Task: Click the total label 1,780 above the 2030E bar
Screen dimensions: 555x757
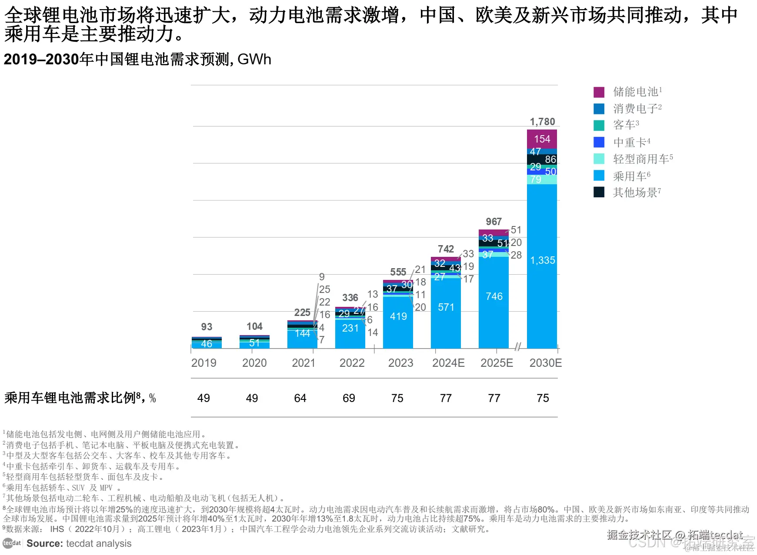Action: pyautogui.click(x=542, y=122)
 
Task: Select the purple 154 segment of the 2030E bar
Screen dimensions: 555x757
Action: pyautogui.click(x=542, y=139)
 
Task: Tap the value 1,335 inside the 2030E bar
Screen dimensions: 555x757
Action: pyautogui.click(x=542, y=260)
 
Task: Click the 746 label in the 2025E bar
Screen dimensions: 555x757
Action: pyautogui.click(x=494, y=296)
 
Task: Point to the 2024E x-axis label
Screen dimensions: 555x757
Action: pyautogui.click(x=448, y=363)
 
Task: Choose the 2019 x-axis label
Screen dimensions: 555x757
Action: pyautogui.click(x=203, y=363)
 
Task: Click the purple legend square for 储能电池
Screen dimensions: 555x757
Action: pyautogui.click(x=599, y=92)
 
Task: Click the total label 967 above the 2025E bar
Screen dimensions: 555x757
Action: pyautogui.click(x=494, y=222)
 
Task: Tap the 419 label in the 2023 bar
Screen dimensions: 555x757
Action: pyautogui.click(x=398, y=316)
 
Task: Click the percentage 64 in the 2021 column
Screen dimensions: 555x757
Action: pyautogui.click(x=300, y=398)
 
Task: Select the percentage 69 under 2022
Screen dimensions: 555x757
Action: pyautogui.click(x=349, y=398)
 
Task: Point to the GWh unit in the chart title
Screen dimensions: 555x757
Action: pyautogui.click(x=254, y=60)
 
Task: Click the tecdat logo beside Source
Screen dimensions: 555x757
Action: pyautogui.click(x=12, y=543)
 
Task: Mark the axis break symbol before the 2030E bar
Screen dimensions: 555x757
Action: pyautogui.click(x=517, y=346)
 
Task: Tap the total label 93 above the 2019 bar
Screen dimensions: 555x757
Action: pyautogui.click(x=207, y=327)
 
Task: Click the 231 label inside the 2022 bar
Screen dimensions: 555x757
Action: pyautogui.click(x=350, y=328)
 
